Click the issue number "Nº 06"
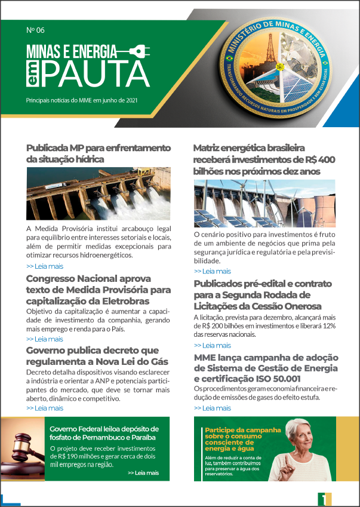tap(36, 30)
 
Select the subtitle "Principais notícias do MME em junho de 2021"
tap(82, 100)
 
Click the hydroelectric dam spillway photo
tap(99, 193)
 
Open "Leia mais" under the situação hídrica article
tap(45, 266)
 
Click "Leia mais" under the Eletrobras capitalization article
tap(45, 339)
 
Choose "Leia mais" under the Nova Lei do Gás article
tap(45, 408)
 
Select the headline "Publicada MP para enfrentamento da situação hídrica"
tap(90, 153)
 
